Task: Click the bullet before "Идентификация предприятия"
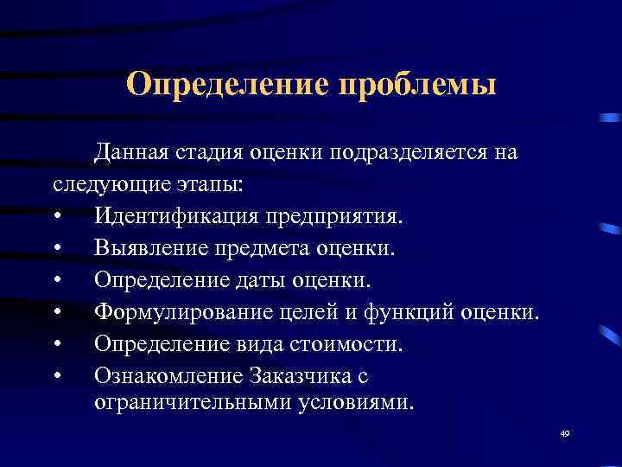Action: [x=57, y=217]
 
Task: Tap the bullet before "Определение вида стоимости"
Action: [x=57, y=344]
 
